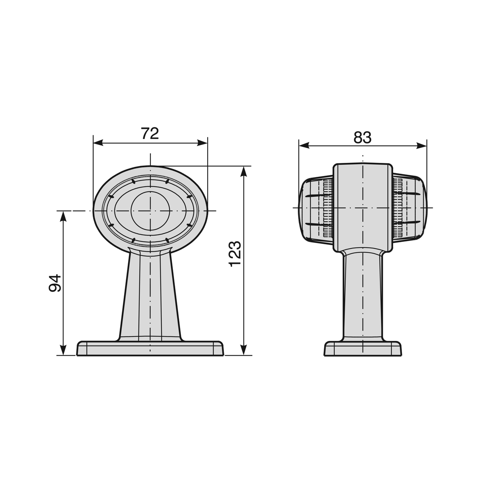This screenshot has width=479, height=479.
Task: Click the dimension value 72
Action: tap(150, 133)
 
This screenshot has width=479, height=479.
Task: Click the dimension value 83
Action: tap(362, 137)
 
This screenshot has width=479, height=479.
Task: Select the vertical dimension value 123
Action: tap(235, 254)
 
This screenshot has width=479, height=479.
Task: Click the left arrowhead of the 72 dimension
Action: tap(98, 143)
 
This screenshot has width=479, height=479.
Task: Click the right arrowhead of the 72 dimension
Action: tap(202, 143)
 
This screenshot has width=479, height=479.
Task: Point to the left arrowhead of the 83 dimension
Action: tap(304, 146)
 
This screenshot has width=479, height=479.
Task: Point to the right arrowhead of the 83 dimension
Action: tap(422, 146)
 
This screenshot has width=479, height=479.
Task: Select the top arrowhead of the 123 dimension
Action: tap(244, 171)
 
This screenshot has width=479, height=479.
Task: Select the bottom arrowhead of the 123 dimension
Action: tap(244, 350)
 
